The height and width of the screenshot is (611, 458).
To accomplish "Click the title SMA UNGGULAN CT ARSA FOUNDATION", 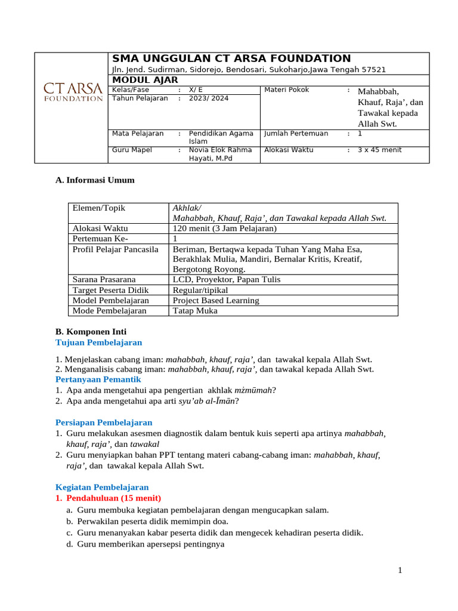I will pyautogui.click(x=231, y=58).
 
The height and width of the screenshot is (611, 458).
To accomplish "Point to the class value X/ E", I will pyautogui.click(x=196, y=90).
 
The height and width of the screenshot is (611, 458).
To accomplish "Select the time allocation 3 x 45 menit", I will pyautogui.click(x=379, y=150).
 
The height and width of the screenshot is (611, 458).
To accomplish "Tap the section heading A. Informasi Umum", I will pyautogui.click(x=95, y=180).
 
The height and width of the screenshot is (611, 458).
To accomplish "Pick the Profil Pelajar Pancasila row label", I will pyautogui.click(x=115, y=249).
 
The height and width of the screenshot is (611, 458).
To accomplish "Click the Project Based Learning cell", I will pyautogui.click(x=216, y=300).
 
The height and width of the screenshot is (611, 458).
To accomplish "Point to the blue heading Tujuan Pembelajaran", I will pyautogui.click(x=98, y=342).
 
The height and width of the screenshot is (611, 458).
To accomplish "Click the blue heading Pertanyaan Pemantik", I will pyautogui.click(x=98, y=379).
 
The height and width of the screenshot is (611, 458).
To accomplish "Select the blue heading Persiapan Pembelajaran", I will pyautogui.click(x=104, y=422).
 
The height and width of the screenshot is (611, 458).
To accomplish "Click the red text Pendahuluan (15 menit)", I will pyautogui.click(x=113, y=498).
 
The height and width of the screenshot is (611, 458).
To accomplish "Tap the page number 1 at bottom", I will pyautogui.click(x=401, y=570).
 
